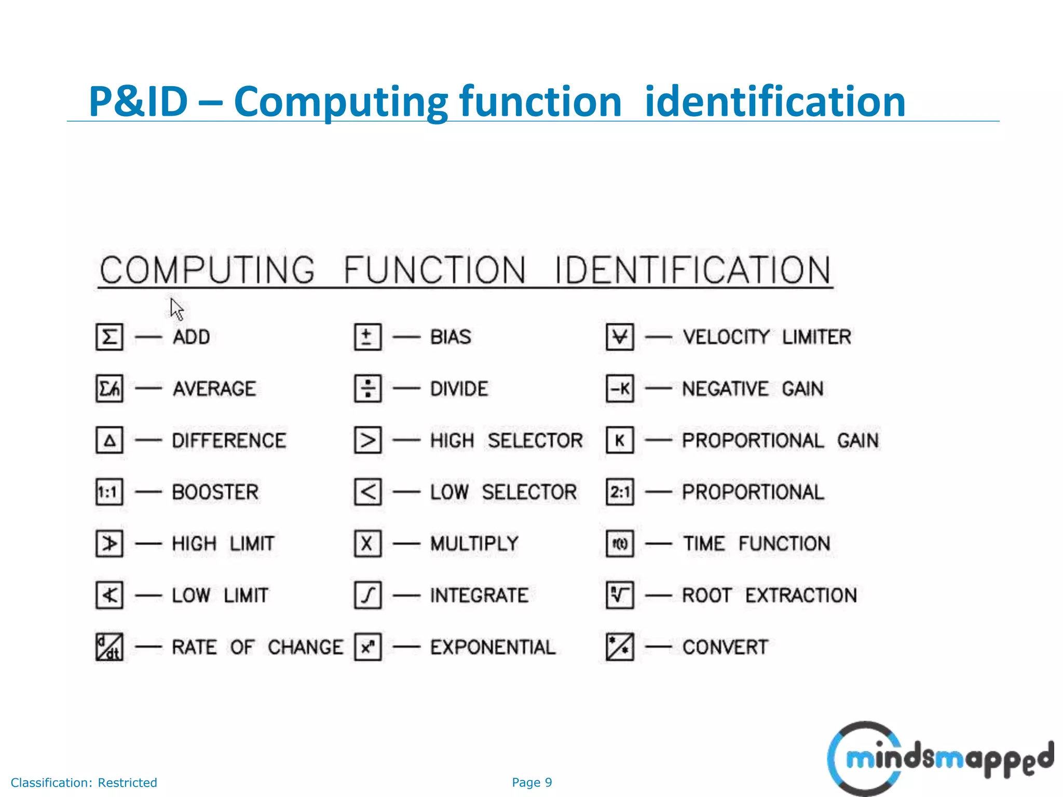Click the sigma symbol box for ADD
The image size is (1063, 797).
109,337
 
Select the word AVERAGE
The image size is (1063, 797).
214,389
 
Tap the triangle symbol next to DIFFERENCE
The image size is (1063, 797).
109,441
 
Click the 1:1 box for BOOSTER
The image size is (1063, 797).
109,492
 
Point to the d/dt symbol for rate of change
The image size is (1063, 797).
109,647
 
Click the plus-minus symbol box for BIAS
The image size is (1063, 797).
367,337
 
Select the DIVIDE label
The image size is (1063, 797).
459,389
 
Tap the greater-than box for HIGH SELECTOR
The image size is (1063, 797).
367,441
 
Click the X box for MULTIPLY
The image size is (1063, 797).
367,544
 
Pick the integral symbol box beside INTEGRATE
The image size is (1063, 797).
367,595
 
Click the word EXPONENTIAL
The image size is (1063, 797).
493,647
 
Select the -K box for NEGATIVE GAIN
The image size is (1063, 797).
620,389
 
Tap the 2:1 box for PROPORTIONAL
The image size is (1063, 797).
620,492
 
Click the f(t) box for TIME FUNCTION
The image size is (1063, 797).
620,544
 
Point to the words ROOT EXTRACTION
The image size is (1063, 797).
769,595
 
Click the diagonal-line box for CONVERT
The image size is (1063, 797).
620,647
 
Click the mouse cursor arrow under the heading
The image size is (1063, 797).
176,309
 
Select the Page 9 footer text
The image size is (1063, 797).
531,782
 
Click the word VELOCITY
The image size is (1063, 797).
726,337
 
